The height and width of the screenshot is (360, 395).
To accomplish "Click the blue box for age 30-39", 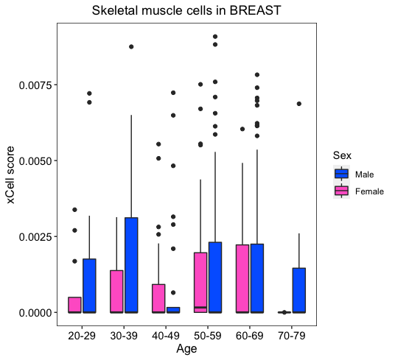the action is (x=131, y=265).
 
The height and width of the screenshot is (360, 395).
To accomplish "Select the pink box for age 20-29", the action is (x=74, y=305).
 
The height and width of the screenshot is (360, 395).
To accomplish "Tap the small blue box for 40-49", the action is (x=173, y=310).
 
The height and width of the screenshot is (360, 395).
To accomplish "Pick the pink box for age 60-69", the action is (x=242, y=278).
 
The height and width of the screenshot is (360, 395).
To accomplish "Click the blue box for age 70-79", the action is (x=299, y=290).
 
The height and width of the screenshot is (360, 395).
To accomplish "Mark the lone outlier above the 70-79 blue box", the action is (x=299, y=104).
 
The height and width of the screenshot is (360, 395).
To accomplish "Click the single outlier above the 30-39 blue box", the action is (x=131, y=47).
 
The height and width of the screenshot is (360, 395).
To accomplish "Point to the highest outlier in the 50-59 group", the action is (x=215, y=37).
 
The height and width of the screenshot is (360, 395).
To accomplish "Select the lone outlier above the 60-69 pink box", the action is (x=242, y=129).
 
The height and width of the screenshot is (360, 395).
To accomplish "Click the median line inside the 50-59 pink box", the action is (x=200, y=308).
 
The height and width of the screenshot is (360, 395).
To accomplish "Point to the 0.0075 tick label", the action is (x=35, y=85).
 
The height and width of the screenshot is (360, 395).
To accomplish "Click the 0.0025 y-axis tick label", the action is (x=35, y=237).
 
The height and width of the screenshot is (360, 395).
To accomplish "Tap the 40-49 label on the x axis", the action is (x=166, y=336).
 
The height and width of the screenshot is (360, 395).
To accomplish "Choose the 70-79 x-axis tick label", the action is (x=292, y=336).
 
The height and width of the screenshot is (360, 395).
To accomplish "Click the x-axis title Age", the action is (x=186, y=349).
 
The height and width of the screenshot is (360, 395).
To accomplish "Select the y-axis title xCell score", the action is (x=11, y=174).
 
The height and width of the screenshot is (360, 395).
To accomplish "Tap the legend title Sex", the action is (x=342, y=155).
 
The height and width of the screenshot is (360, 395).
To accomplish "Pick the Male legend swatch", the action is (x=341, y=174).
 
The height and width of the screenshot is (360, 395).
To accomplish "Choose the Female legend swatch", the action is (x=341, y=191).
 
